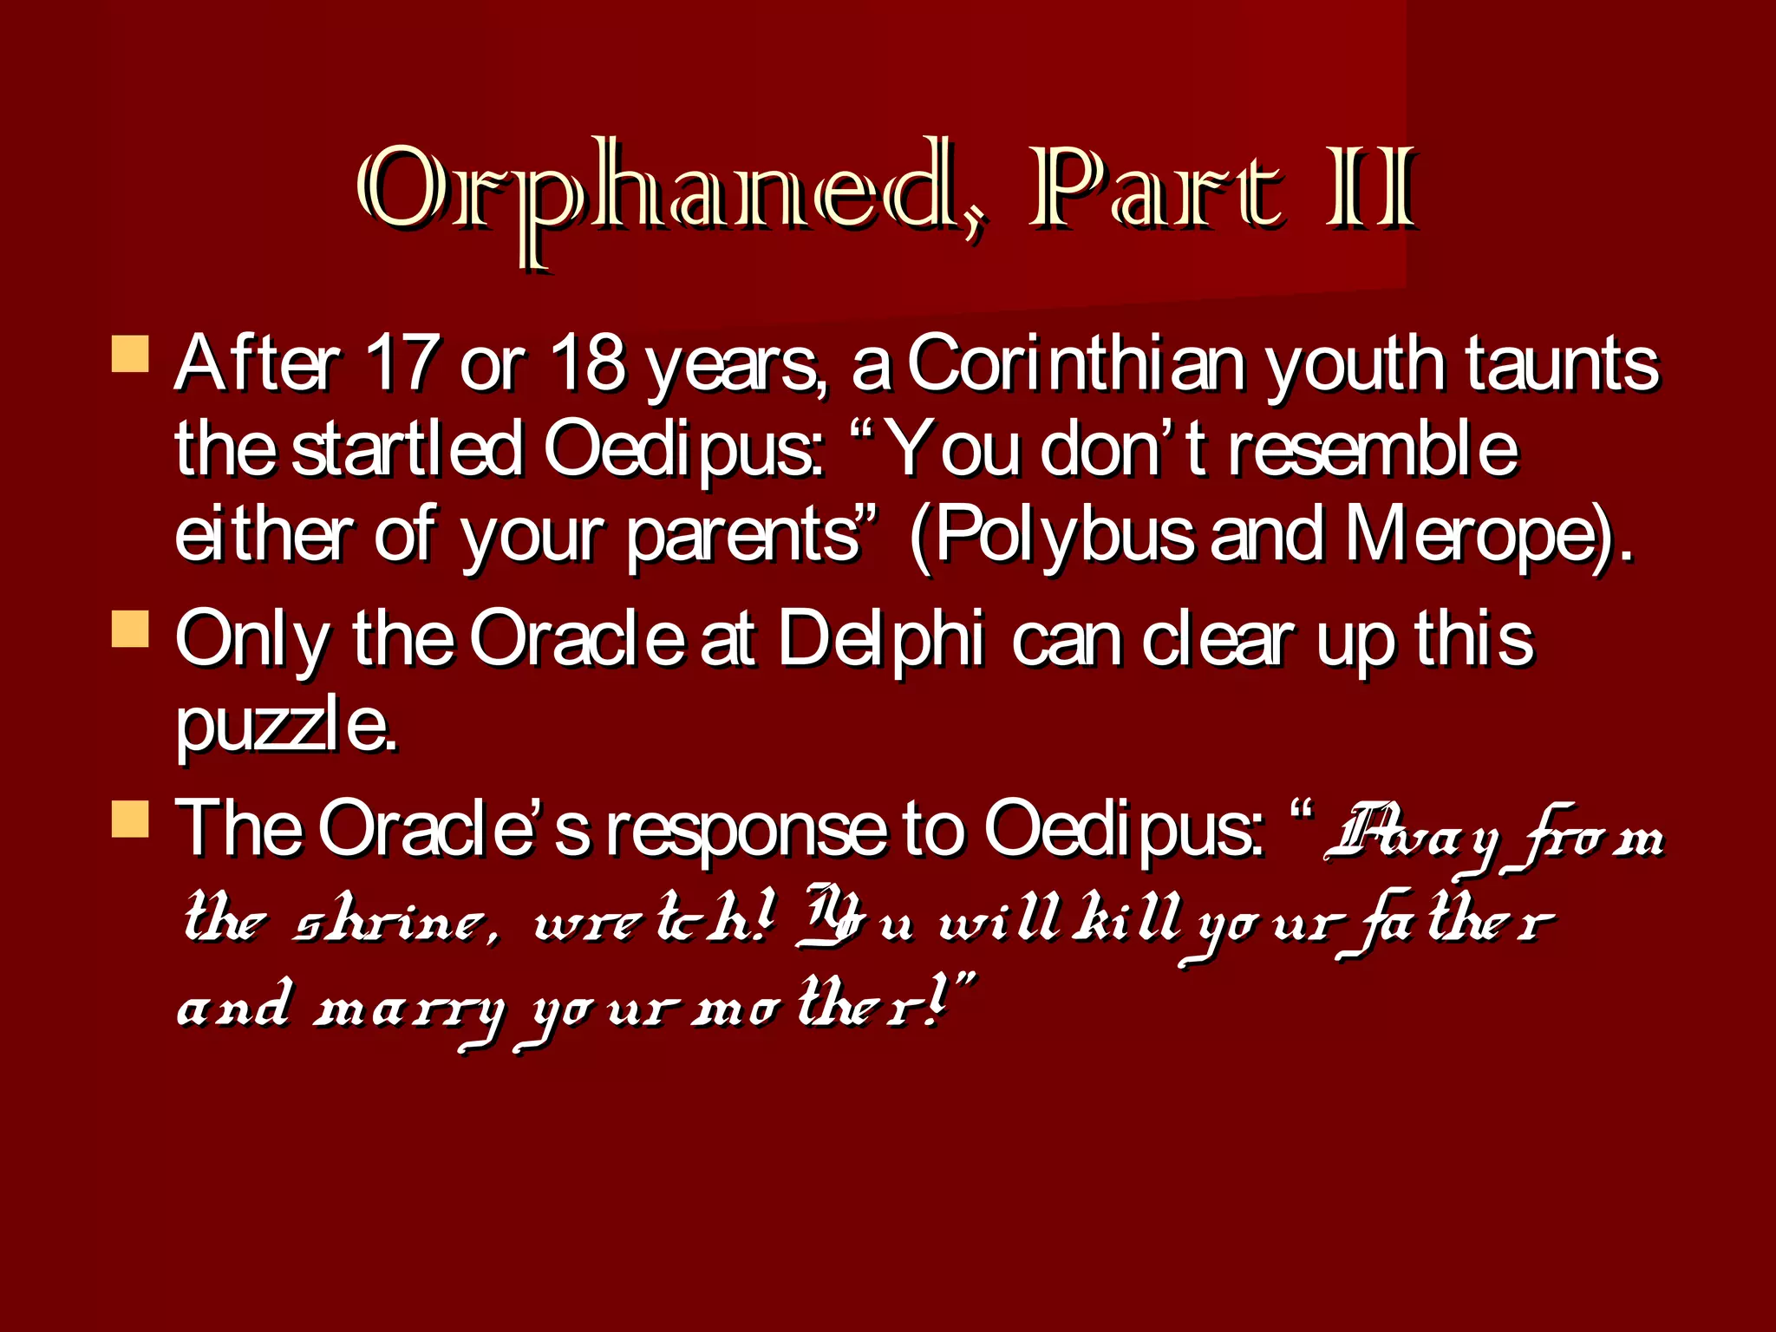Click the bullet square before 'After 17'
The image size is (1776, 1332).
click(x=130, y=355)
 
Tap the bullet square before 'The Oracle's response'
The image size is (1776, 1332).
click(x=130, y=819)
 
